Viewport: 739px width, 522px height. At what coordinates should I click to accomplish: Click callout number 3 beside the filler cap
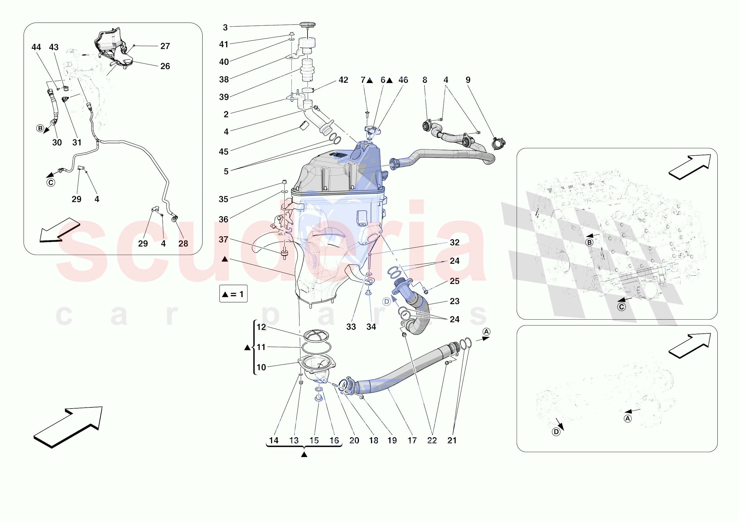(x=225, y=28)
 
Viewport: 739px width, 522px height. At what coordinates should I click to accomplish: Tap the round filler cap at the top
(x=307, y=25)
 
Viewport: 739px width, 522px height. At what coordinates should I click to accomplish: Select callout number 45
(x=224, y=151)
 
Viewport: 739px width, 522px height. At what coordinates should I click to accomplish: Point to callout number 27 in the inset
(x=165, y=46)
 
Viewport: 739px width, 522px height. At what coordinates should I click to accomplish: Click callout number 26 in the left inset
(x=165, y=66)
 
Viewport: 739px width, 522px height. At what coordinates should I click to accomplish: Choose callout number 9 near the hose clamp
(x=468, y=80)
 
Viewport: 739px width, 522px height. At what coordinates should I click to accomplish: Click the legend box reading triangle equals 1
(x=233, y=294)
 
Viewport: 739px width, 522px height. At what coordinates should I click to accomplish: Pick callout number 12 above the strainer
(x=261, y=327)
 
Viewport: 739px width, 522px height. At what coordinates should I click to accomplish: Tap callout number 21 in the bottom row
(x=452, y=440)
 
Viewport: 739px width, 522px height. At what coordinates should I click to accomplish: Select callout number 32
(x=454, y=243)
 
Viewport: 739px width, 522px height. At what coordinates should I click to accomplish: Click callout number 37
(x=224, y=240)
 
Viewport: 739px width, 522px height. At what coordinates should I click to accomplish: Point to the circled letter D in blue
(x=386, y=302)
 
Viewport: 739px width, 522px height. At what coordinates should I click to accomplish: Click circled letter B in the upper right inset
(x=589, y=242)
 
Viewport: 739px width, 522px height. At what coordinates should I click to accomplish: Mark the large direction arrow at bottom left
(x=68, y=427)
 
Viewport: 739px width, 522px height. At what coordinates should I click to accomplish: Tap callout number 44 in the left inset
(x=36, y=47)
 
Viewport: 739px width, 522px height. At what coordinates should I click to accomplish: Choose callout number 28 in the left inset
(x=183, y=244)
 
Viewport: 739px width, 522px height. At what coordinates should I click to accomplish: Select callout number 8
(x=425, y=80)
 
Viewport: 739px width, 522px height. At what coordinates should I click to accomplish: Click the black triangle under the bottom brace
(x=304, y=454)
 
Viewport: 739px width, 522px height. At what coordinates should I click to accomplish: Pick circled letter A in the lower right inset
(x=628, y=418)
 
